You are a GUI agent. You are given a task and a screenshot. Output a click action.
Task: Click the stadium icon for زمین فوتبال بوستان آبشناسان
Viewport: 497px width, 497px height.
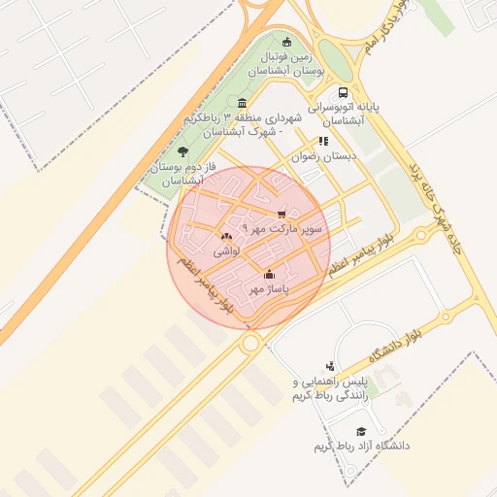(286, 42)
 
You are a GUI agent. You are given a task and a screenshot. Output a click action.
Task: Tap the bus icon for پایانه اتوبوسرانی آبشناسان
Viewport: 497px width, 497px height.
(343, 94)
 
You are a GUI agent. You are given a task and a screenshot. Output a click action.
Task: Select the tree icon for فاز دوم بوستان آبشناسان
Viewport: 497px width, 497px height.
(182, 151)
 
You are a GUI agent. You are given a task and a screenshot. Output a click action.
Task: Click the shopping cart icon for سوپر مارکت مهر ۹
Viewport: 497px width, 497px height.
(282, 215)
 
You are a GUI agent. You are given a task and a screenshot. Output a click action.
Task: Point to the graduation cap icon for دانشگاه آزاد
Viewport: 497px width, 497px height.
(361, 431)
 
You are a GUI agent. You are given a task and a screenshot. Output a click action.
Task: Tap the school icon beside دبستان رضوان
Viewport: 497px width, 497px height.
(323, 141)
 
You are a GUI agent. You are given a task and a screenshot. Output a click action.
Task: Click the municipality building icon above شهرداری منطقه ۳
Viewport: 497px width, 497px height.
(242, 104)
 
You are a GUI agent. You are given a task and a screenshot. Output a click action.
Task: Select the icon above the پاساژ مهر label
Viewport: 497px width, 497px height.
(269, 275)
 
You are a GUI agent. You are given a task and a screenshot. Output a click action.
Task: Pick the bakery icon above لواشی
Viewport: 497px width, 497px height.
(226, 236)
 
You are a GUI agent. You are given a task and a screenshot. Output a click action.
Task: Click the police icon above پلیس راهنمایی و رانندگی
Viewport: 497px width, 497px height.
(330, 366)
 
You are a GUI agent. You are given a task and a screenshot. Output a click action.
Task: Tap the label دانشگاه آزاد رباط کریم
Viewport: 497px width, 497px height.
(361, 446)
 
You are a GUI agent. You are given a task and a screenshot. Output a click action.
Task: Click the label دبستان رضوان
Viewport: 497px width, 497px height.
(327, 155)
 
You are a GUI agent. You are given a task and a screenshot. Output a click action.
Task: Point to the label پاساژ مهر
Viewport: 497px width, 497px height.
(269, 288)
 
